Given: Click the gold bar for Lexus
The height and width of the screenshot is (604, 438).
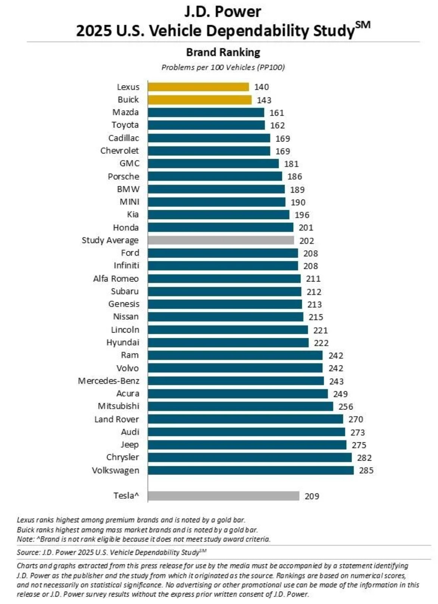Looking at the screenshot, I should (x=198, y=87).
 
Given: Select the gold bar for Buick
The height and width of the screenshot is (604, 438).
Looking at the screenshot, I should (x=200, y=100).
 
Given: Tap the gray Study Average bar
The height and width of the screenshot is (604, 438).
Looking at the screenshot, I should (x=220, y=240).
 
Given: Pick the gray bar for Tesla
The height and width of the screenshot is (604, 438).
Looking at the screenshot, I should (x=223, y=496).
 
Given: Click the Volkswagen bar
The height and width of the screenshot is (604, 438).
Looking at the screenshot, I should (x=250, y=470).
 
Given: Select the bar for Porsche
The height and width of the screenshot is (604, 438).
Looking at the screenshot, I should (x=215, y=176).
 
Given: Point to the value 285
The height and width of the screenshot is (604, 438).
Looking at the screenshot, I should (x=366, y=470).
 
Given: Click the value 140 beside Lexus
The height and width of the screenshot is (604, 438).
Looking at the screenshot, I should (x=261, y=87).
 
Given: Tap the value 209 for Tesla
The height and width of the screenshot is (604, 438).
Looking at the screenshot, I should (x=312, y=496).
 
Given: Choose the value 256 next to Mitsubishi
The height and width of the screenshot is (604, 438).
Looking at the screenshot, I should (x=345, y=407).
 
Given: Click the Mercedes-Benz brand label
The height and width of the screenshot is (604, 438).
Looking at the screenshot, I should (x=109, y=381).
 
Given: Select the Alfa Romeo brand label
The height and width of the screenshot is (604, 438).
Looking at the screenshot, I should (x=116, y=279).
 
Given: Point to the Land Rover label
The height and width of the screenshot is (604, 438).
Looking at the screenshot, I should (x=116, y=419).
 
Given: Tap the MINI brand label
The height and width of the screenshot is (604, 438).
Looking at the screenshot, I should (x=129, y=202).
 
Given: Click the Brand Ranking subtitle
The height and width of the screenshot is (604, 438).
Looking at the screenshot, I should (x=223, y=52).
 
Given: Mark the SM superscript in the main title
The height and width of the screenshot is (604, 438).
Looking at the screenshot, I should (x=363, y=25).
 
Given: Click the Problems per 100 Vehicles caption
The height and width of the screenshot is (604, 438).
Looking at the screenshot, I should (x=223, y=68).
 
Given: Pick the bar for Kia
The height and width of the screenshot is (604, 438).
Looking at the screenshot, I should (x=218, y=215).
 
